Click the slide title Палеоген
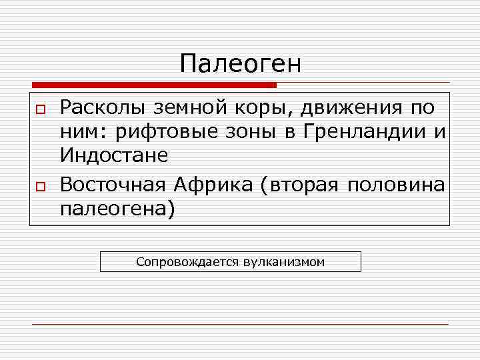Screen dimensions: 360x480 pos(241,65)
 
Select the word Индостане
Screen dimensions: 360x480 pos(114,155)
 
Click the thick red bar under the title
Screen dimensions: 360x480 pos(153,85)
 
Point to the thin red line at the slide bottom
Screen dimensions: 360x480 pos(240,324)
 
